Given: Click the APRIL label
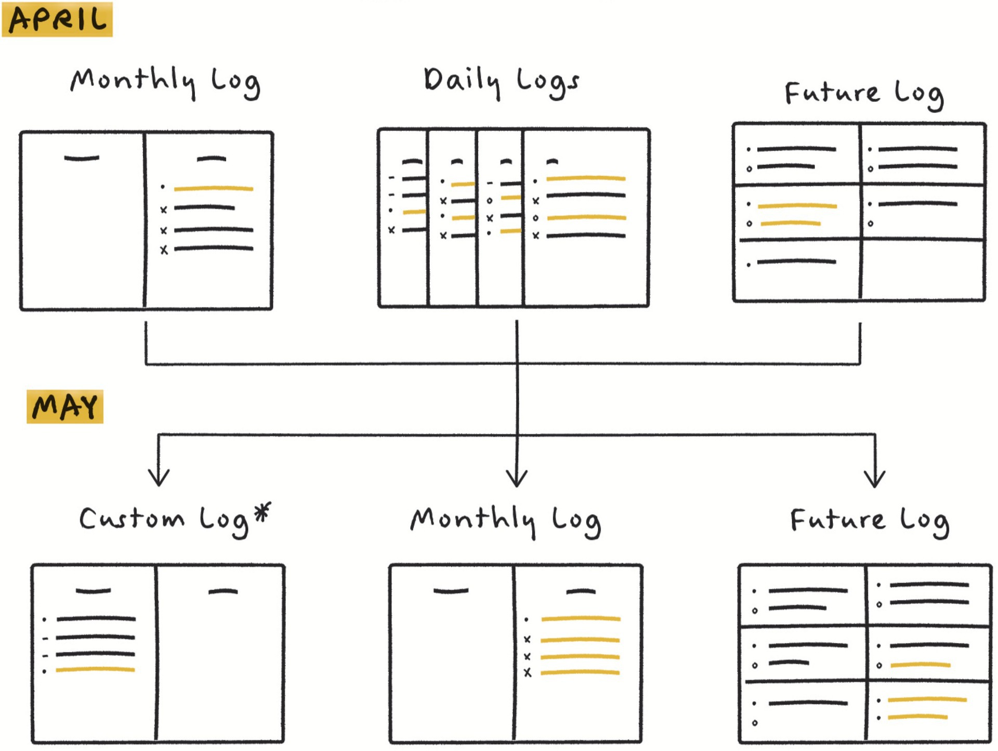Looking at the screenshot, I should pos(57,19).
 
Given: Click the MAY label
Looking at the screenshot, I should pos(65,407).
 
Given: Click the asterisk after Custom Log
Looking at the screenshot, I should pos(263,511).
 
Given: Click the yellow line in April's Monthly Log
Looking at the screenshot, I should pos(214,188).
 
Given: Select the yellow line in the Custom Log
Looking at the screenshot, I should pos(96,670).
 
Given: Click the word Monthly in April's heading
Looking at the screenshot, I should pos(133,82).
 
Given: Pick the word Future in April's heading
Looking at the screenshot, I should pos(832,94).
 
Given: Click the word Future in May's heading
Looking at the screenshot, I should pos(837,520).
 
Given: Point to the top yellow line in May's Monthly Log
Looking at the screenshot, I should pos(581,619).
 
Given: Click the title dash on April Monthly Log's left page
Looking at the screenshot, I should pos(82,158).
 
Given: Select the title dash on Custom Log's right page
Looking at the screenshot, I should pos(223,591).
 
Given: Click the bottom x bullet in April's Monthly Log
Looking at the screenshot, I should pos(164,250).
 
